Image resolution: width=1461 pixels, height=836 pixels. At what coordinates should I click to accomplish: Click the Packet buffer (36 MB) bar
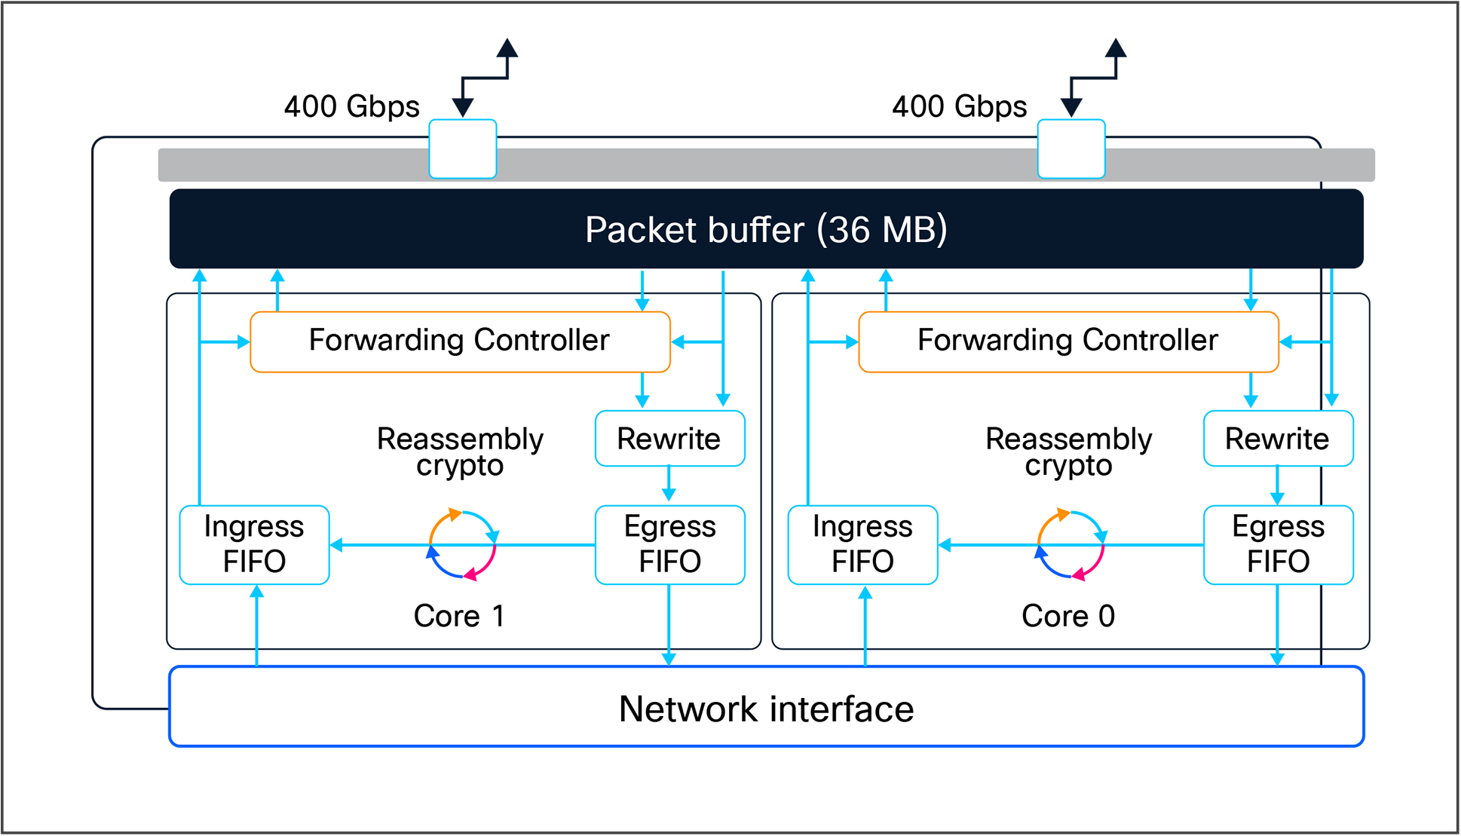click(x=766, y=229)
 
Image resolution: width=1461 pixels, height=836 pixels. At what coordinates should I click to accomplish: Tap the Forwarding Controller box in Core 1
click(x=460, y=341)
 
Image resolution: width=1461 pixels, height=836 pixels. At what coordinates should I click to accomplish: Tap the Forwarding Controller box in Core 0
click(x=1068, y=341)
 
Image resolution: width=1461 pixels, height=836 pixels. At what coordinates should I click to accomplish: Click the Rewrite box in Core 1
click(x=669, y=439)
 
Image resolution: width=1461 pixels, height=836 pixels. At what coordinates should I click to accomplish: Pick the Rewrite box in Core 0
click(x=1278, y=439)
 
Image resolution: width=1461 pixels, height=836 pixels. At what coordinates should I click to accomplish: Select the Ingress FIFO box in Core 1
click(x=254, y=544)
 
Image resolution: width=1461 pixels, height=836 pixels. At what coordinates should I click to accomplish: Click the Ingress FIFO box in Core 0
click(x=862, y=544)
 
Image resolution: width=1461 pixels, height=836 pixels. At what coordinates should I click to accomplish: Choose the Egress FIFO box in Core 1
click(x=669, y=544)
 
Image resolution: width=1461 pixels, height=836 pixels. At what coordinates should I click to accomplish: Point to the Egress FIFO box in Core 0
click(x=1278, y=544)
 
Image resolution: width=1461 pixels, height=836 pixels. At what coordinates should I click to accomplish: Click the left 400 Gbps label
click(x=351, y=106)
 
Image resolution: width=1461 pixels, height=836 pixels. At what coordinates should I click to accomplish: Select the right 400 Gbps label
click(x=959, y=106)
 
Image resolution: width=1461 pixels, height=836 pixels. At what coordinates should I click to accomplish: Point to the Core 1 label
click(x=459, y=616)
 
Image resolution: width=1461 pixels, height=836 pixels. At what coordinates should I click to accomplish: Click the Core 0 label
click(x=1067, y=616)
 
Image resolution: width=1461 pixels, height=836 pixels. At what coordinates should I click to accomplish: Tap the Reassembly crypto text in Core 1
click(x=460, y=451)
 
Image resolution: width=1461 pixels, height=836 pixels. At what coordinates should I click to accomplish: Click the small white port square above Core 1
click(x=463, y=149)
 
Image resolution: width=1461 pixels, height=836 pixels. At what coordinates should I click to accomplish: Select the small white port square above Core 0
click(x=1071, y=149)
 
